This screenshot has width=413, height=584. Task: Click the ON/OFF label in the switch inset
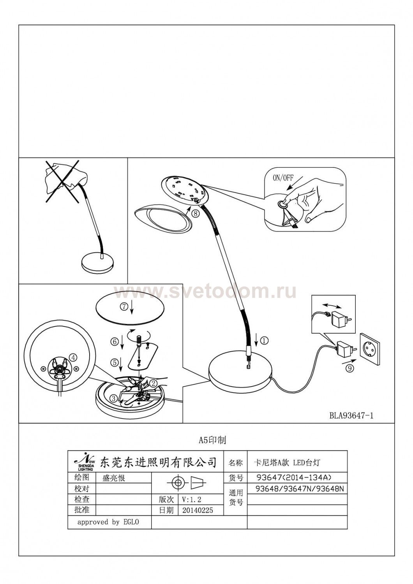tap(283, 178)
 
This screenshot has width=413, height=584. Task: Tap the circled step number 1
tap(264, 341)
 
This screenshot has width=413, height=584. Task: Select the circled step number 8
tap(196, 213)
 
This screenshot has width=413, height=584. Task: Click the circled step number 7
tap(124, 307)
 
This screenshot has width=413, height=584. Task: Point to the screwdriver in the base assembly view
tap(139, 348)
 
